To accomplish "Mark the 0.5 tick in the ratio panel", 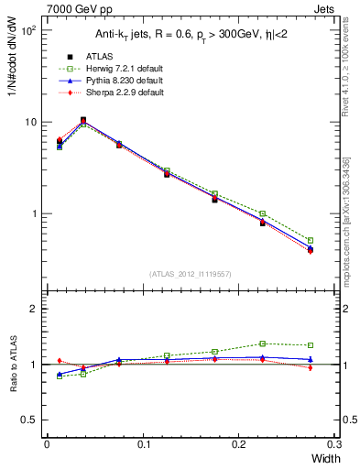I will click(x=31, y=420).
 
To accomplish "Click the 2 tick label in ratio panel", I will click(x=36, y=309).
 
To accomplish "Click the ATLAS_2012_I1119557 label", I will click(x=191, y=273).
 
